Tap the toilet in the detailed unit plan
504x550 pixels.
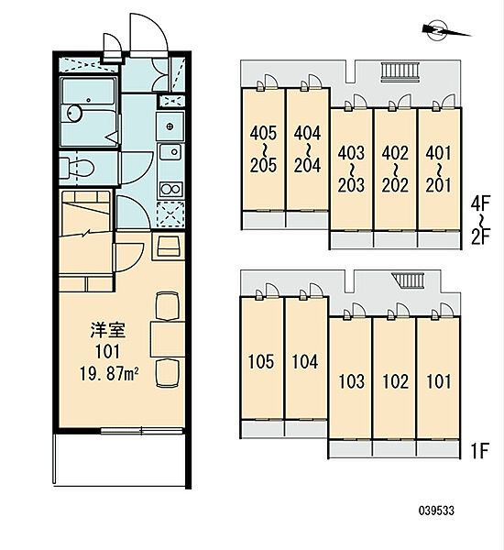pos(77,168)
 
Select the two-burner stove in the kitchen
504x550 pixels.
pos(170,190)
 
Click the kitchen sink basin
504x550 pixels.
pos(170,151)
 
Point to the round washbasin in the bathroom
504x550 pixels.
pos(74,114)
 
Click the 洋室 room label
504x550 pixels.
pos(108,330)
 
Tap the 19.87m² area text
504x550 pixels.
pos(109,374)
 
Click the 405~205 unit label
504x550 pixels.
pos(263,149)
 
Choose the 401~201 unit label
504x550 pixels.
pos(439,170)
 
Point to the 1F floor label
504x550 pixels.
pos(479,451)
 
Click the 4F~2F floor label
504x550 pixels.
pos(480,220)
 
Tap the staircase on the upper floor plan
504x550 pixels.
pos(400,71)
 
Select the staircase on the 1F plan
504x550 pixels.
pos(409,280)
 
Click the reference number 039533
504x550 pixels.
pos(437,511)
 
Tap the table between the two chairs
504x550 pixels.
pos(168,339)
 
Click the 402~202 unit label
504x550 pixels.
pos(395,170)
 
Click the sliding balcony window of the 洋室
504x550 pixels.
pos(142,431)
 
